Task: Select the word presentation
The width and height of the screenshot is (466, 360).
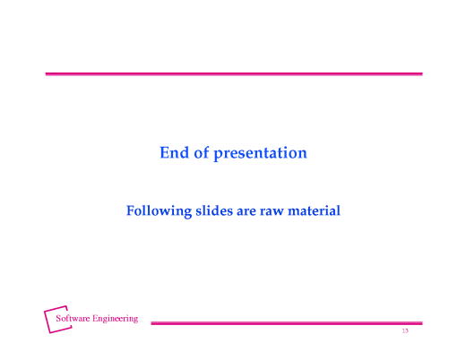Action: (x=260, y=154)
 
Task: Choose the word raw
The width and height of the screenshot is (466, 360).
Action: (x=272, y=212)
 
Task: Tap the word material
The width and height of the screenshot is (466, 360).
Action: (x=314, y=211)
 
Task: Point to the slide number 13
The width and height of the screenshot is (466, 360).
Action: (x=405, y=332)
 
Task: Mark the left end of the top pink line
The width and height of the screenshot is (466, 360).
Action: (x=47, y=73)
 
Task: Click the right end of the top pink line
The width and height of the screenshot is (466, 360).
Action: (x=420, y=73)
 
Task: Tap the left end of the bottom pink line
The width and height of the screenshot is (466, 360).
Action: (x=151, y=323)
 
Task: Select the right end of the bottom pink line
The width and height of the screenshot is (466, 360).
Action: (x=420, y=323)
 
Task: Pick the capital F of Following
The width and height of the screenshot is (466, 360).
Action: (x=131, y=211)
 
